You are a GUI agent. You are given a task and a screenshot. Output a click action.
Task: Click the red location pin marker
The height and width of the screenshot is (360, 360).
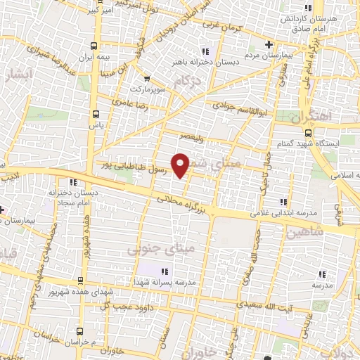pyautogui.click(x=181, y=165)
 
